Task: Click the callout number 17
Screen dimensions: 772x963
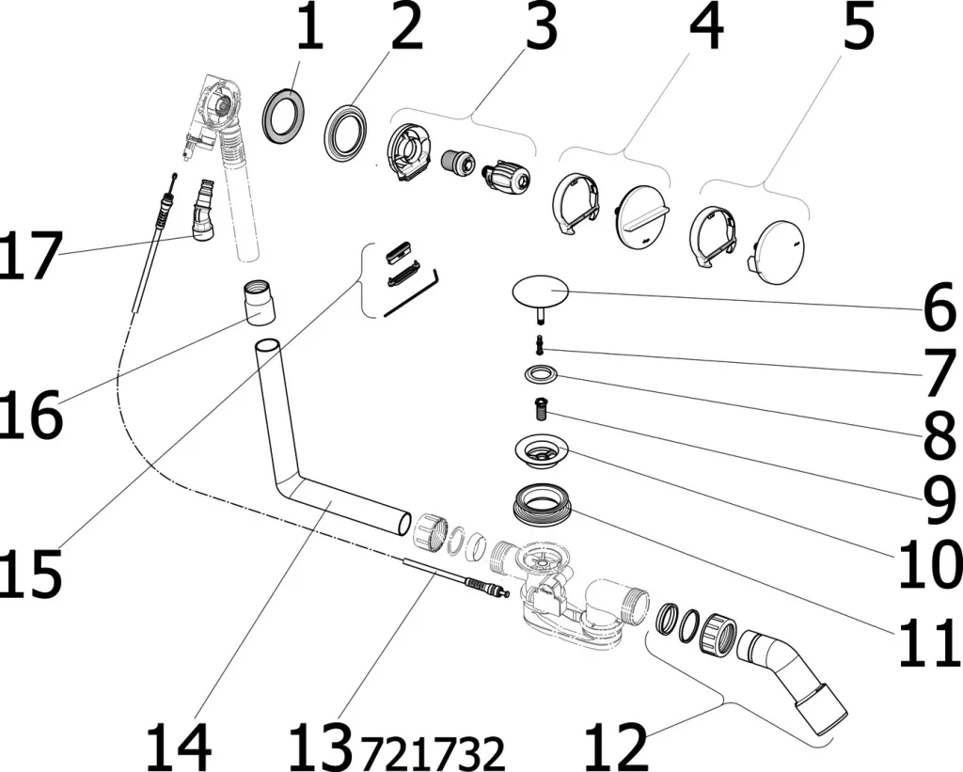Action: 31,256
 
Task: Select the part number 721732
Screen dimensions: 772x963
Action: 434,751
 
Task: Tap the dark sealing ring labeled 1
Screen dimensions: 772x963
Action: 282,116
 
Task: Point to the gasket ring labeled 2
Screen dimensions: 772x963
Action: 347,133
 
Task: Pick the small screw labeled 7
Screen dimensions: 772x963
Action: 542,343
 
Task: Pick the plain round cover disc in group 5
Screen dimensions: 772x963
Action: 781,245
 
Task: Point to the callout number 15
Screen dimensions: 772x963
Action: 31,570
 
